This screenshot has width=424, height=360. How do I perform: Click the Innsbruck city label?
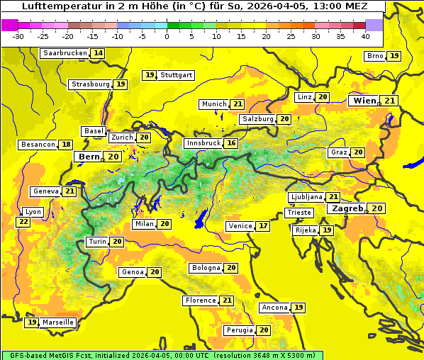(203, 143)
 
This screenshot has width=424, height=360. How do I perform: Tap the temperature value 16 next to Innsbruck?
(231, 143)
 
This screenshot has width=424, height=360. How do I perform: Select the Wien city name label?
(364, 101)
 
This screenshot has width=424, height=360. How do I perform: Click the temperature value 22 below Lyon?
(23, 222)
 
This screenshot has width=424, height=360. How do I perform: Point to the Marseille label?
(57, 322)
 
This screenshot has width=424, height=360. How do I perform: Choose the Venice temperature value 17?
(263, 226)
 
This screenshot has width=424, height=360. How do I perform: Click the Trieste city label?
(299, 213)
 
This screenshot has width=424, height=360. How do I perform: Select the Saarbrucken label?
(65, 53)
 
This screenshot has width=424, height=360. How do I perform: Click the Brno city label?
(374, 56)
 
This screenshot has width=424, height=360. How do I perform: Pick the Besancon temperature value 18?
(66, 145)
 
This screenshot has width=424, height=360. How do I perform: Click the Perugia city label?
(239, 330)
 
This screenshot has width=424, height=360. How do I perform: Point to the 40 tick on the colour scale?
(365, 36)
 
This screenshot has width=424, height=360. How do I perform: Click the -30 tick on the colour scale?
(18, 36)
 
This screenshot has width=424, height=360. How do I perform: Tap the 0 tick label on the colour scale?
(167, 36)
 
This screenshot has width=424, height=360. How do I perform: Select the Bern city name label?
(89, 157)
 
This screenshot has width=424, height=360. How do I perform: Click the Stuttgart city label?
(176, 74)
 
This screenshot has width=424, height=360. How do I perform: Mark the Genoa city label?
(133, 272)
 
